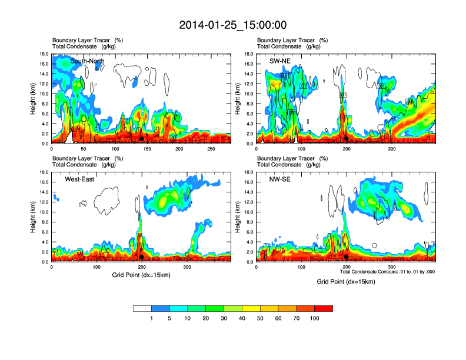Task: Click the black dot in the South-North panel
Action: tap(141, 139)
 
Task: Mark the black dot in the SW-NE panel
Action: tap(346, 139)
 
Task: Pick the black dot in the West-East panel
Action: tap(141, 257)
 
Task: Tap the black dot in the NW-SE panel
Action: tap(346, 257)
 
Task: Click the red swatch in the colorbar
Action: tap(324, 308)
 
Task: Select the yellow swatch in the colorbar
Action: tap(251, 308)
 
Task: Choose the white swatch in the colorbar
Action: tap(142, 308)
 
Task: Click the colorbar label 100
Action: tap(315, 318)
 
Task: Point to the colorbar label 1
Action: tap(152, 318)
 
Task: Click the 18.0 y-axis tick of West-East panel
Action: tap(42, 172)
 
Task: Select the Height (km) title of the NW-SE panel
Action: tap(238, 217)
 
